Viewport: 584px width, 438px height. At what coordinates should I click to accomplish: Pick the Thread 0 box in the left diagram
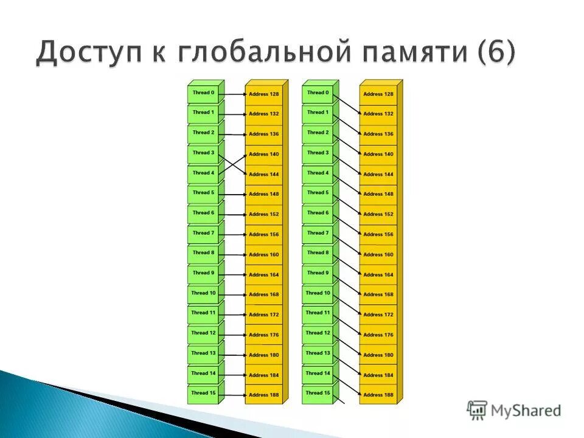click(203, 93)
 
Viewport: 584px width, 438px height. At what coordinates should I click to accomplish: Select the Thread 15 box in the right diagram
click(318, 393)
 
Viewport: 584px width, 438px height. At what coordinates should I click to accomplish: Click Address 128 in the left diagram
click(263, 94)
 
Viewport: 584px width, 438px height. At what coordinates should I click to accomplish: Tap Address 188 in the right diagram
click(378, 395)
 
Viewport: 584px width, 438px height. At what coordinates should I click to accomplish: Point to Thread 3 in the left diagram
click(203, 153)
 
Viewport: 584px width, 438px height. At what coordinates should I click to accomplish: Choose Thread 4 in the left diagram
click(203, 173)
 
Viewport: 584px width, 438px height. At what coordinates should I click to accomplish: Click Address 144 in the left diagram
click(263, 175)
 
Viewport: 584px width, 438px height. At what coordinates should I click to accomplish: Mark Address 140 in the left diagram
click(263, 155)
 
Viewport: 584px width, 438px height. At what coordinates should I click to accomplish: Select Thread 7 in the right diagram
click(318, 233)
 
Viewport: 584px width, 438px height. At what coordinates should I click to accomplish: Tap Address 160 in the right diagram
click(378, 255)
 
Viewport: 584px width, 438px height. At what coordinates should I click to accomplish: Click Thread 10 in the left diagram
click(203, 293)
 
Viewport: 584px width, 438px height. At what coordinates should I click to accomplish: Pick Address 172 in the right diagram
click(378, 315)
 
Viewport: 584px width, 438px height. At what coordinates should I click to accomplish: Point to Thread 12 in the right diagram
click(318, 333)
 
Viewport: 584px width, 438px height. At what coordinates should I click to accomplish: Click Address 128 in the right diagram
click(378, 94)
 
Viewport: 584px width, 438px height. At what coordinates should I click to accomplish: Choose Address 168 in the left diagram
click(263, 295)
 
